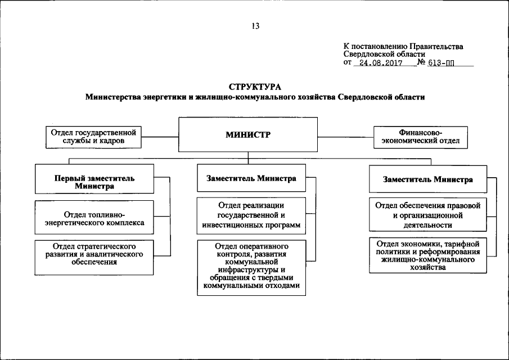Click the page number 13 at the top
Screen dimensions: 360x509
click(255, 25)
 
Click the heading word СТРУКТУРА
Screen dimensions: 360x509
click(255, 87)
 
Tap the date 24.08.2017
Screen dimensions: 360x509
click(377, 64)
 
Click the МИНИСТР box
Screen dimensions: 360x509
click(248, 134)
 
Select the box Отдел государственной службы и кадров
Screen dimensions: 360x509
click(94, 137)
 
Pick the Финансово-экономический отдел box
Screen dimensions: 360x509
click(421, 137)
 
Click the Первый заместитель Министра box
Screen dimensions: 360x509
click(94, 182)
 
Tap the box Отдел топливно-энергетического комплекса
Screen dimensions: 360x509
click(94, 218)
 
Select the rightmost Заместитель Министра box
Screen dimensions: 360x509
click(427, 179)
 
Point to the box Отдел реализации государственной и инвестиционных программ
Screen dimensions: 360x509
click(251, 216)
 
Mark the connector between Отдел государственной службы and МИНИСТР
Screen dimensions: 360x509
click(160, 136)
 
